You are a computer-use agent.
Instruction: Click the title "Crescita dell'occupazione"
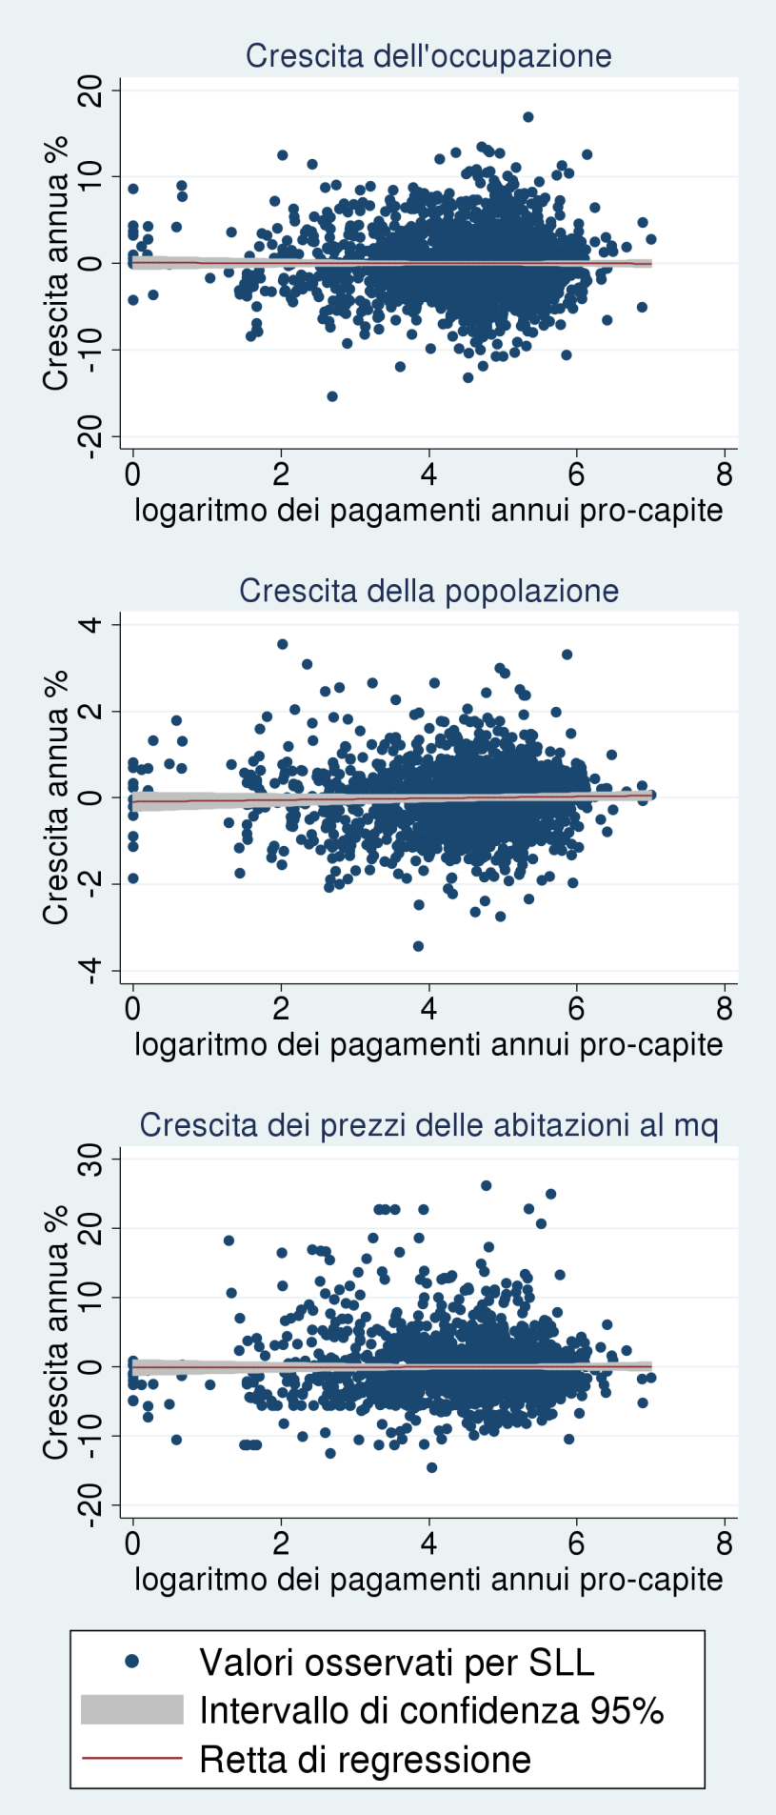428,56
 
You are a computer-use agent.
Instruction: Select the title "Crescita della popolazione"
428,591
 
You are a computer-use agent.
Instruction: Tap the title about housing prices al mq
428,1125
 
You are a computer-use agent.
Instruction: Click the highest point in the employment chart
528,117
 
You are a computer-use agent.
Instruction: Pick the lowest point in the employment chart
332,396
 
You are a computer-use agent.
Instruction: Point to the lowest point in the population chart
418,946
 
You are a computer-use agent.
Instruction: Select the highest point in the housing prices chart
486,1185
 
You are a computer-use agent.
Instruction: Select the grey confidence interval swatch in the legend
131,1710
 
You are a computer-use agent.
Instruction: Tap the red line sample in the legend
131,1758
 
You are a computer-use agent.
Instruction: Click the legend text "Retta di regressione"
365,1759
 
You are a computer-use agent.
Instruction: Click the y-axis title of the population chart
56,797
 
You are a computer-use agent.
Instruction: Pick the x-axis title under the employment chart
428,511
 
